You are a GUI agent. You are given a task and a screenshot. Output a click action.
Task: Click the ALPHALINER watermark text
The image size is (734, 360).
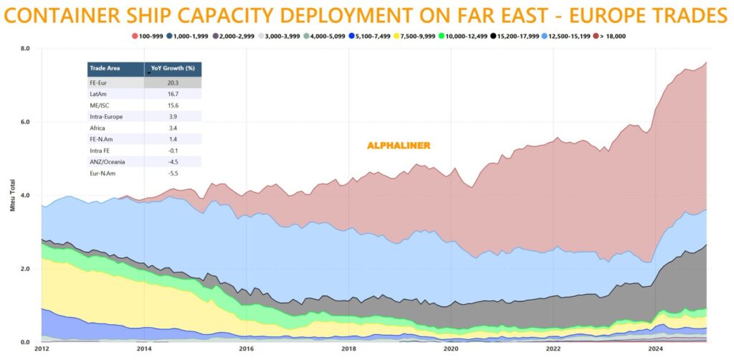click(399, 146)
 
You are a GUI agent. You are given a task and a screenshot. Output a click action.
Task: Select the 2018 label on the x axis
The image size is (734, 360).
click(348, 349)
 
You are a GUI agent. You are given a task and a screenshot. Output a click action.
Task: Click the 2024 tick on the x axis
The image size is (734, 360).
click(655, 349)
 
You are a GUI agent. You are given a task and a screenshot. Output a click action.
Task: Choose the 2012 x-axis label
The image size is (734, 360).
click(42, 349)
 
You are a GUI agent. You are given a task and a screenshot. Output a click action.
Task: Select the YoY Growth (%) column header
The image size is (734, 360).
click(173, 70)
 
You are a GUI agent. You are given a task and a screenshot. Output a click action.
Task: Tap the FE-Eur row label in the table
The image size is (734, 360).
click(98, 82)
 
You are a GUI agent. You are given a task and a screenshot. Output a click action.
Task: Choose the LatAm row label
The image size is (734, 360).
click(98, 94)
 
